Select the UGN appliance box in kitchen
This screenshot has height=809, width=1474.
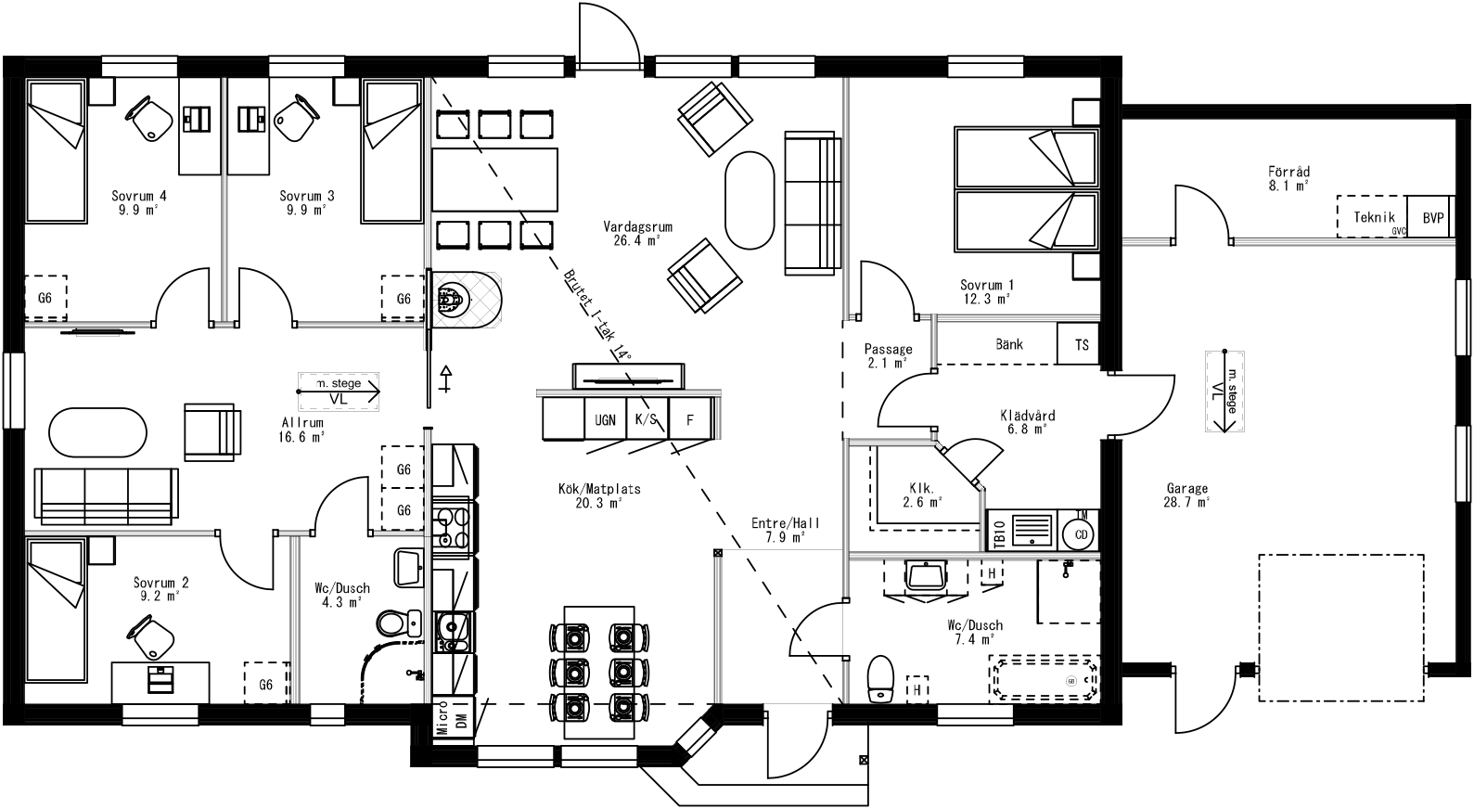tap(604, 420)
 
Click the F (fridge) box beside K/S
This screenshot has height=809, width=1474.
tap(689, 420)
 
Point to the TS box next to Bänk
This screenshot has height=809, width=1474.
tap(1081, 344)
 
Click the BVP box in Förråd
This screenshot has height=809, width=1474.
tap(1432, 218)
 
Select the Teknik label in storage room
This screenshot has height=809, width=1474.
tap(1374, 218)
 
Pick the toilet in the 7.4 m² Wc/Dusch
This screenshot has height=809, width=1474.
tap(878, 678)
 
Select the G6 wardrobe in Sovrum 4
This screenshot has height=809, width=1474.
tap(45, 298)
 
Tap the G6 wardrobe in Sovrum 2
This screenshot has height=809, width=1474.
tap(265, 685)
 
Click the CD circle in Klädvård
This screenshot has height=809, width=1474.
tap(1080, 533)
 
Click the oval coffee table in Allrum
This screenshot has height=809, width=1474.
tap(97, 432)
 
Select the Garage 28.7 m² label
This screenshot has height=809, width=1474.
tap(1186, 494)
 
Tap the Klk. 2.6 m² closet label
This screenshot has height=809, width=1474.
tap(921, 494)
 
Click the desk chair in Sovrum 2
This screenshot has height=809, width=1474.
tap(152, 639)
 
